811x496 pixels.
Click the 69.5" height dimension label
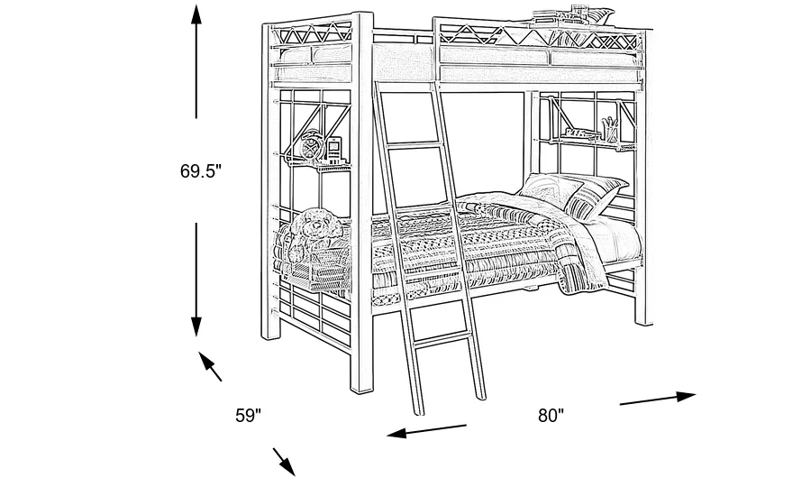click(199, 170)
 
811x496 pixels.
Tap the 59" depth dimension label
click(249, 416)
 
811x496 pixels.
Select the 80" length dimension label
click(551, 416)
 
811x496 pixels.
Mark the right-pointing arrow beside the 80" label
click(658, 398)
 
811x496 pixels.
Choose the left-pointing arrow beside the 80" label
click(426, 430)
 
